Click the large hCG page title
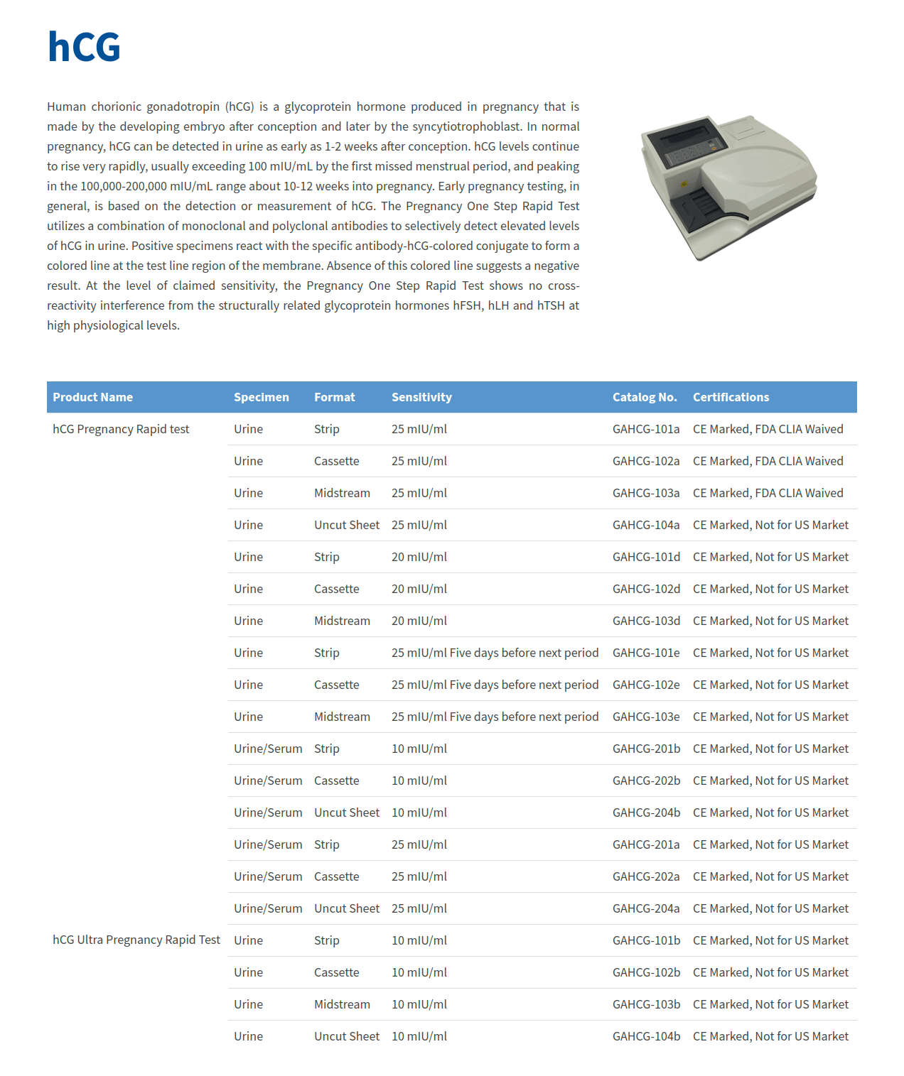tap(84, 47)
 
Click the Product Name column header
tap(92, 397)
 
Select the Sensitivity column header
tap(421, 397)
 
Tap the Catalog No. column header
tap(644, 397)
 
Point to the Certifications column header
tap(731, 397)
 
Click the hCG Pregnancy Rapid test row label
tap(121, 429)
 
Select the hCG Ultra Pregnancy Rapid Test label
tap(136, 940)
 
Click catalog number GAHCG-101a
tap(646, 429)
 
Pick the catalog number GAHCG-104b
tap(646, 1036)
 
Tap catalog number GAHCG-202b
tap(646, 781)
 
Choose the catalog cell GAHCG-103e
tap(646, 717)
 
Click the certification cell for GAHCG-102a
tap(768, 461)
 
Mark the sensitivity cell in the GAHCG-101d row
tap(419, 557)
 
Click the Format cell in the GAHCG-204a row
tap(347, 908)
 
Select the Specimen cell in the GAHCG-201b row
tap(268, 749)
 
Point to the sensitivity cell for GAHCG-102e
tap(495, 685)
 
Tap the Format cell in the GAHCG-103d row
tap(342, 621)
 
